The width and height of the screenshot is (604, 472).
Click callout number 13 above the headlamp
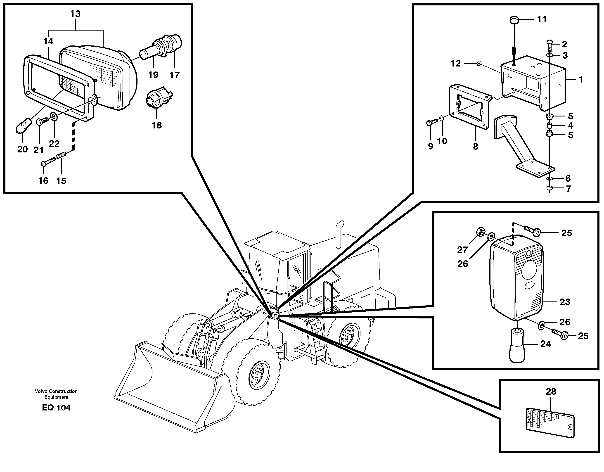pos(75,14)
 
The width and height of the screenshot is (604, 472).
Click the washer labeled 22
pos(53,116)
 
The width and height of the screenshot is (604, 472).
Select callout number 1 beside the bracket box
pos(581,79)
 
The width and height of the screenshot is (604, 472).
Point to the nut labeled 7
pos(550,188)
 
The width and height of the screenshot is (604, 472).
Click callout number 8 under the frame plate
pos(475,146)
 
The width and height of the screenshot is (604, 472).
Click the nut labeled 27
pos(481,231)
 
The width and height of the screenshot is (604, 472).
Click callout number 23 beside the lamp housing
pos(565,302)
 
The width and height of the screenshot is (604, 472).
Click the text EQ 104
pos(56,408)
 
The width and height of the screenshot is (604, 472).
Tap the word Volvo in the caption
pos(41,391)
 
